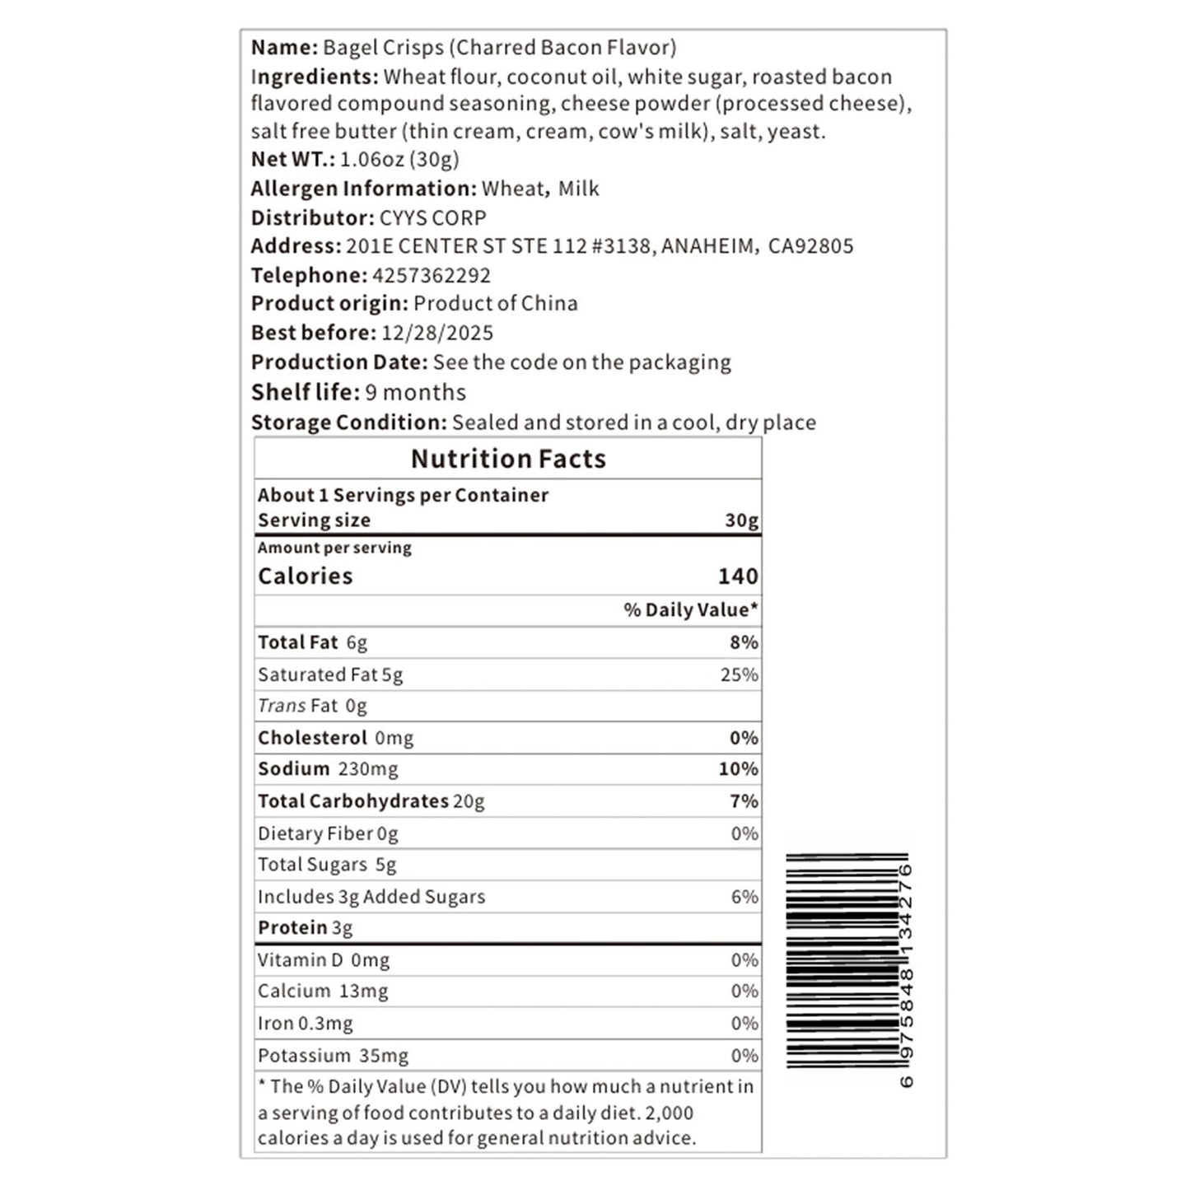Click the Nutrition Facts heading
tap(508, 459)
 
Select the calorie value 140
tap(737, 576)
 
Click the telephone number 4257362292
tap(431, 275)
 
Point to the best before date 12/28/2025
tap(436, 333)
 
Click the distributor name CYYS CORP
tap(432, 217)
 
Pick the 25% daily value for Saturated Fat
tap(739, 674)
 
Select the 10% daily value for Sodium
tap(738, 768)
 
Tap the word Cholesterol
tap(312, 737)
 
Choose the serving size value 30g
tap(741, 520)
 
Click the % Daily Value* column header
tap(690, 609)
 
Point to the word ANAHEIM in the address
tap(707, 246)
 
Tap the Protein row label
tap(292, 927)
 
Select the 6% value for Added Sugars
tap(744, 896)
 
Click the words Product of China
tap(495, 303)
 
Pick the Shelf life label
tap(306, 392)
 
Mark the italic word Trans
tap(282, 706)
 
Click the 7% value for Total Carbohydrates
tap(744, 800)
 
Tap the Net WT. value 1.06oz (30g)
tap(399, 159)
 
